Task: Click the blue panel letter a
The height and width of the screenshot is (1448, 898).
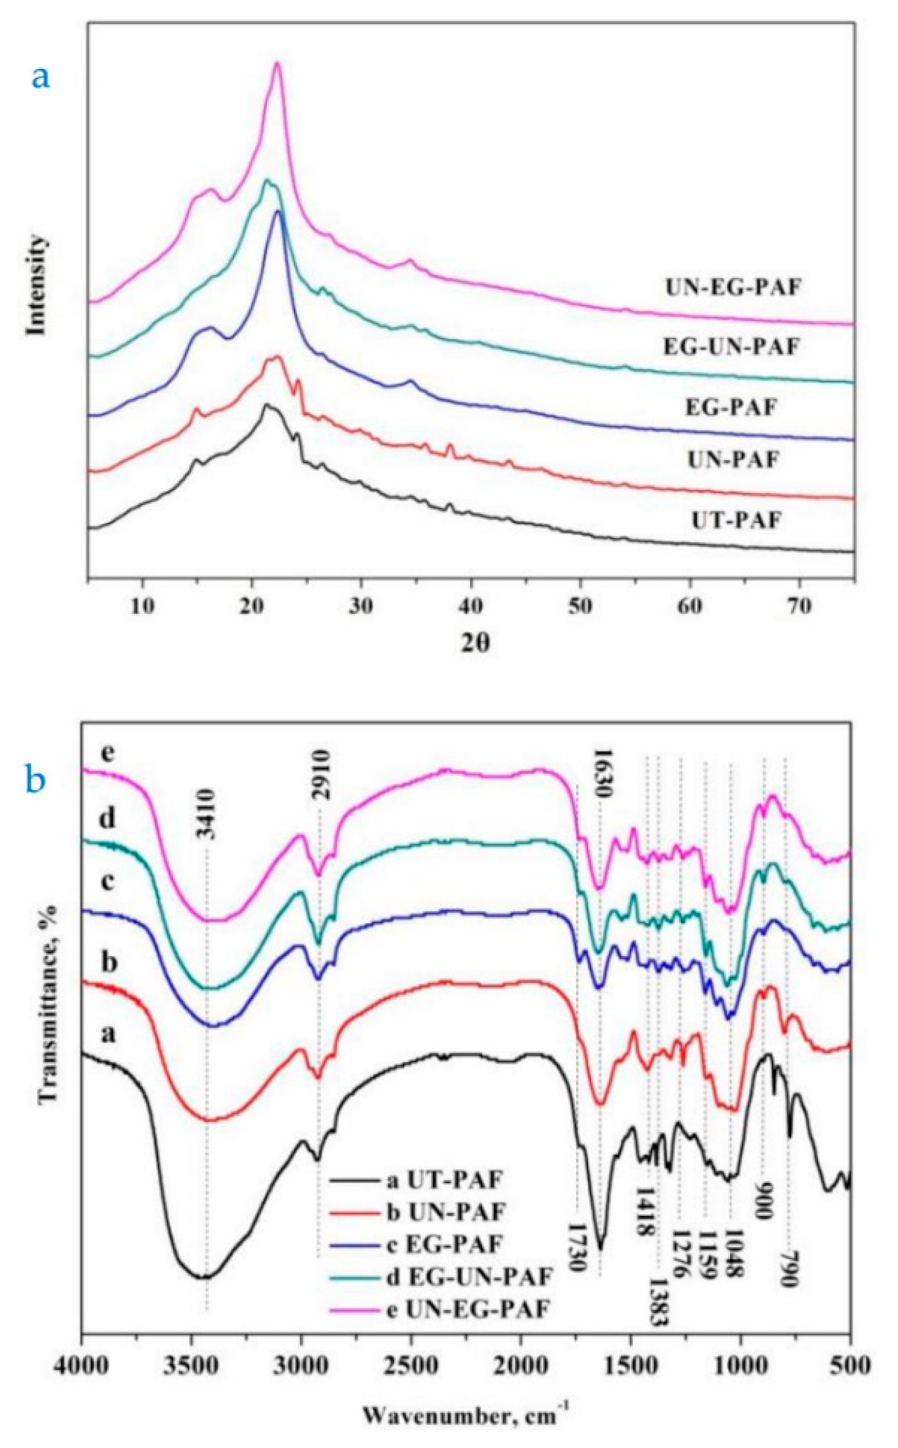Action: click(x=40, y=77)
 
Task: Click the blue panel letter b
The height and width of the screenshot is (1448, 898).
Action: click(x=36, y=780)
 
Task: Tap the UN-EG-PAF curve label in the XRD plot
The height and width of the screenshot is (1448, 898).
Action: click(x=733, y=288)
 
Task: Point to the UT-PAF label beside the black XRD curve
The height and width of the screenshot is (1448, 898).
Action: click(x=736, y=520)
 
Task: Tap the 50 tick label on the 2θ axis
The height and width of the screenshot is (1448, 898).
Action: click(x=580, y=606)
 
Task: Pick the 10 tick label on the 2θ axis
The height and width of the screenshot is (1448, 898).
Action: click(x=142, y=606)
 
